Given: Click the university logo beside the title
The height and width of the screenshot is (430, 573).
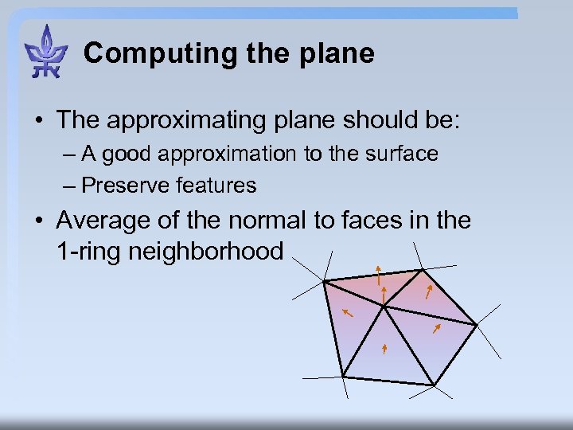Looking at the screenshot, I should click(x=46, y=52).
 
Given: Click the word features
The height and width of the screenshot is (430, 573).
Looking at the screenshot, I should click(x=216, y=186).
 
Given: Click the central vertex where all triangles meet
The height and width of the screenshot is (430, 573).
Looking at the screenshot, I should click(x=384, y=306).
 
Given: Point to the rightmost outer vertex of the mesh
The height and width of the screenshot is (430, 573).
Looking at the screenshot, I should click(x=476, y=325).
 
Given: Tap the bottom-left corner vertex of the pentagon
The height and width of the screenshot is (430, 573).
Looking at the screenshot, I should click(x=342, y=377).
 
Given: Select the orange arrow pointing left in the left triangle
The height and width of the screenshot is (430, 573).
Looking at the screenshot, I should click(x=347, y=314).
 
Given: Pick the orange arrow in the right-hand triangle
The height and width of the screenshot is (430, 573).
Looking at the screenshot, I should click(x=436, y=326).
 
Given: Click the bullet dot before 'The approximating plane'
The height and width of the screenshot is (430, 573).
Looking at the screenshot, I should click(x=37, y=120).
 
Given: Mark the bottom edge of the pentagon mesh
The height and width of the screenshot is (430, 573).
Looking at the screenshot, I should click(x=388, y=381).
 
